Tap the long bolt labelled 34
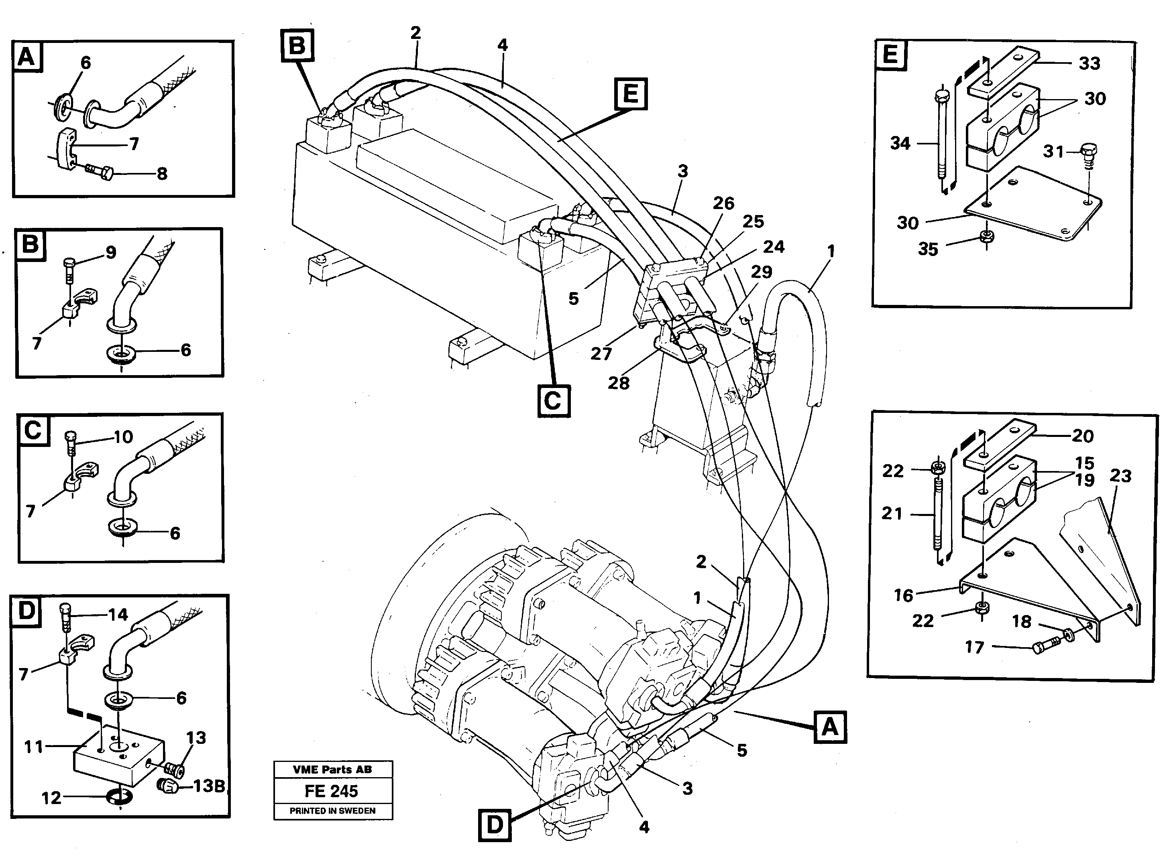[942, 140]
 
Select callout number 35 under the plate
[928, 249]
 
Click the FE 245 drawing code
[332, 791]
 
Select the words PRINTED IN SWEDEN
[332, 810]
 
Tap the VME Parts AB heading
[332, 770]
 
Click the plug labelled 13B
[167, 787]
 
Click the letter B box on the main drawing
[297, 45]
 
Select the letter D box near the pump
[494, 824]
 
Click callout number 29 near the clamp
[761, 272]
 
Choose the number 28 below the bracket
[619, 383]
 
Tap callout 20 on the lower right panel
[1082, 436]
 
